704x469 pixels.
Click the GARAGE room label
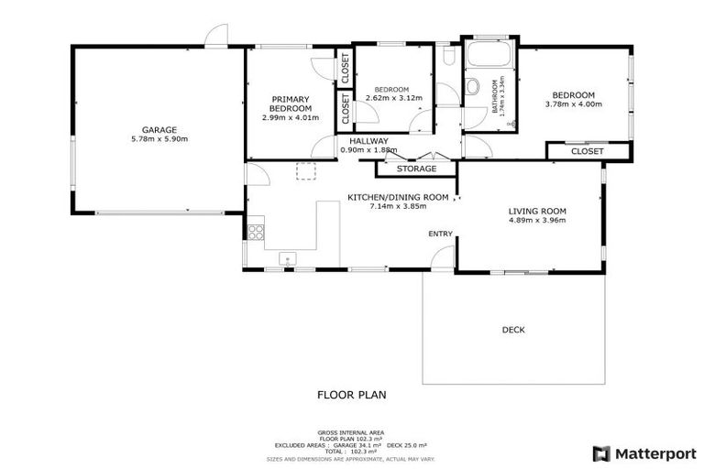[x=159, y=129]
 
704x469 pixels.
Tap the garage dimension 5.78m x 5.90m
[x=159, y=139]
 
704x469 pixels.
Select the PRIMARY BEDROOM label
[x=291, y=103]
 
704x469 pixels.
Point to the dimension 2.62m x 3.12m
[x=394, y=98]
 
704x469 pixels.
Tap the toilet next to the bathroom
[x=471, y=87]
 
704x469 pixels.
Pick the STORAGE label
[x=416, y=169]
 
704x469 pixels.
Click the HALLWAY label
[x=368, y=140]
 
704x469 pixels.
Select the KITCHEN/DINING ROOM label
[x=397, y=197]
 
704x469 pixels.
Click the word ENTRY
[x=440, y=234]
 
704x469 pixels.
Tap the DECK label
[x=513, y=330]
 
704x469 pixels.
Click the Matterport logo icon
[x=601, y=453]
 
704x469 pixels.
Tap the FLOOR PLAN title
[x=351, y=396]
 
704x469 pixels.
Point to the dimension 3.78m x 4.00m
[x=573, y=104]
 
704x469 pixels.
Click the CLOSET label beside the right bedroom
[x=588, y=151]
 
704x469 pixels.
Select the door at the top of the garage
[x=216, y=37]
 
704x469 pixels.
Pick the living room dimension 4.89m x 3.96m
[x=537, y=220]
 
